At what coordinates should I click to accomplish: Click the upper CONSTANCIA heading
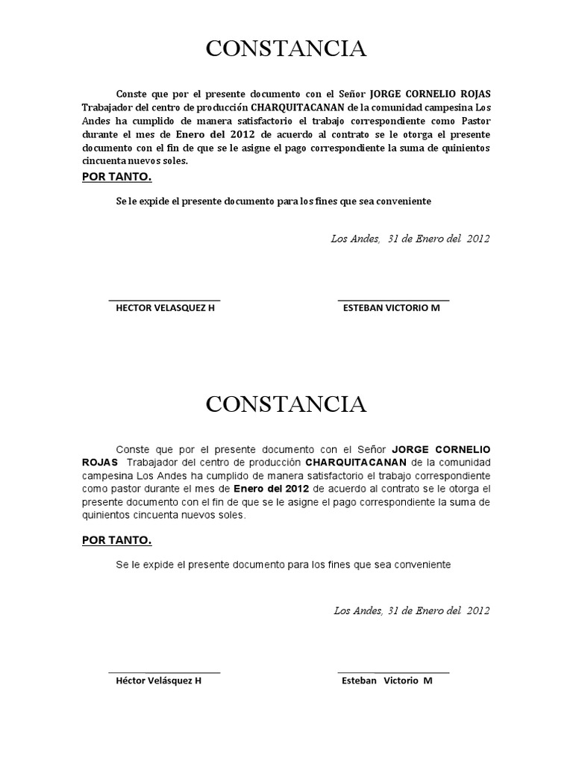286,49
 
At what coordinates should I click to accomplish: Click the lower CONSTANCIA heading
286,404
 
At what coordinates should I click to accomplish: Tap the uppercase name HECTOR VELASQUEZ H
165,307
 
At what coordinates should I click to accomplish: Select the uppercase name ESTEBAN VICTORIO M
391,307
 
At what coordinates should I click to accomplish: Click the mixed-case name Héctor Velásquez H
159,680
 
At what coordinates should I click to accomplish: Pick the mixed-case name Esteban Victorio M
386,680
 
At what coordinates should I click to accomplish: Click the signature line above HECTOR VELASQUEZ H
165,299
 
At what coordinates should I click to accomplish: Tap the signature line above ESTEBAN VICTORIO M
393,299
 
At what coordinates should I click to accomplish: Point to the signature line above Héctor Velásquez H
165,671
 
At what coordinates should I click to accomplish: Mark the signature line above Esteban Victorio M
393,671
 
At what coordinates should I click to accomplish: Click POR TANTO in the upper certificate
116,176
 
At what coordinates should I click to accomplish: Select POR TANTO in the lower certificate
116,540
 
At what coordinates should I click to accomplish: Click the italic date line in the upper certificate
410,239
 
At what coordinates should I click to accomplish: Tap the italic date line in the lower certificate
411,610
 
